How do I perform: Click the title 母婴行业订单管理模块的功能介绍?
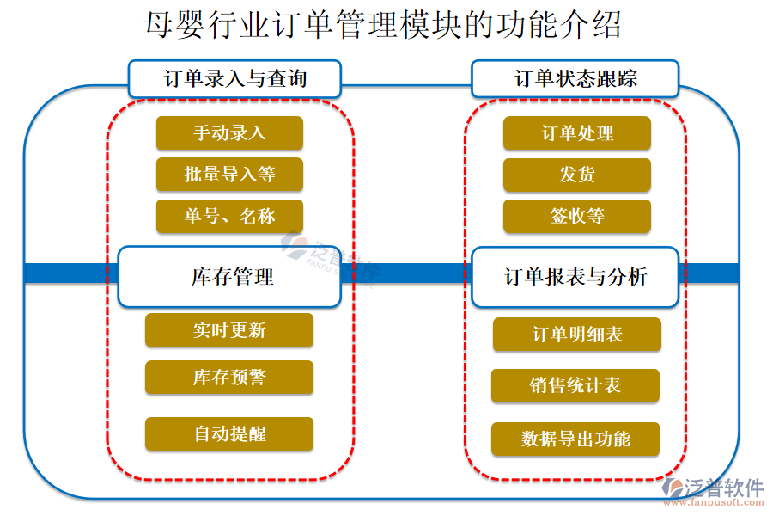click(384, 25)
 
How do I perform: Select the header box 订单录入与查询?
click(234, 79)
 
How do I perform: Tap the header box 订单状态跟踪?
click(575, 79)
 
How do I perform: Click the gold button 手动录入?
click(229, 132)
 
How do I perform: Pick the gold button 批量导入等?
click(229, 175)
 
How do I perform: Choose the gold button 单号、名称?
click(229, 216)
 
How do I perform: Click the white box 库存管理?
click(229, 277)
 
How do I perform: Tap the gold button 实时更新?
click(229, 330)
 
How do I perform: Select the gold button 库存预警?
click(229, 378)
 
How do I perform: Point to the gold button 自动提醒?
click(229, 434)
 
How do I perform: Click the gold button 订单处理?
click(577, 133)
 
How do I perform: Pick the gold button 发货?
click(577, 175)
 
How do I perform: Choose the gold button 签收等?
click(577, 216)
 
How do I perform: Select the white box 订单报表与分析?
click(575, 277)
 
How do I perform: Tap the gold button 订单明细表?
click(577, 335)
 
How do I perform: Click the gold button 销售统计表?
click(575, 385)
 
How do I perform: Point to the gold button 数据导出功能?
click(575, 439)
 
